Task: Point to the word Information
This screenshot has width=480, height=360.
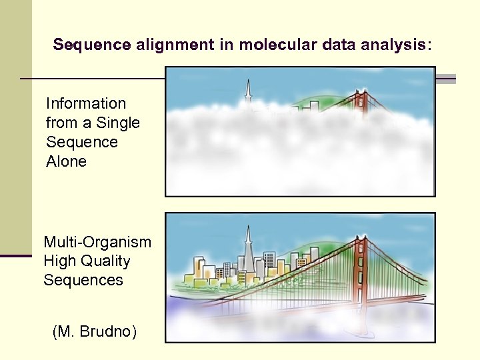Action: pos(85,103)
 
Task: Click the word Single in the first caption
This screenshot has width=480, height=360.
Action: pos(118,123)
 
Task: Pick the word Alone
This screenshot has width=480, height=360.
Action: pos(66,161)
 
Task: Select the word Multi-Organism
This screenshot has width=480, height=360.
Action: pos(97,241)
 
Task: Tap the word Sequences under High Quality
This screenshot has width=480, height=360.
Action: pos(83,280)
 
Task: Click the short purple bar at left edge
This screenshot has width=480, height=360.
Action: pos(16,255)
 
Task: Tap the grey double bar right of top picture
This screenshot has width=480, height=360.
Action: pos(445,79)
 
